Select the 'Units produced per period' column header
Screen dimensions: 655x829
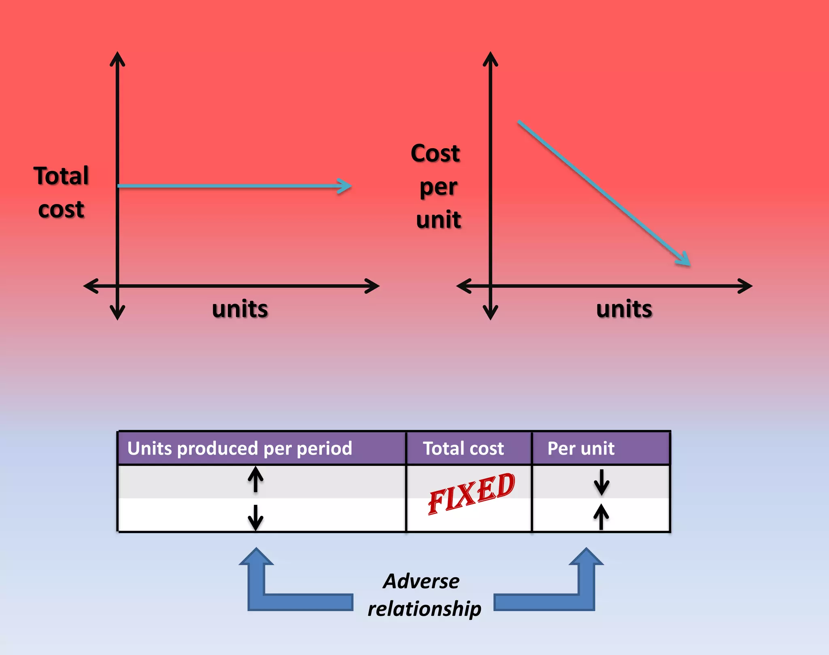pyautogui.click(x=240, y=448)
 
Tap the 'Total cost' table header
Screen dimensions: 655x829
pyautogui.click(x=463, y=448)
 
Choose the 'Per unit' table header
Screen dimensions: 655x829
pyautogui.click(x=581, y=448)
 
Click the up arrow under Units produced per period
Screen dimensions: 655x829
pyautogui.click(x=255, y=479)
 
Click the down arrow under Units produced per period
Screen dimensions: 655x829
pyautogui.click(x=255, y=517)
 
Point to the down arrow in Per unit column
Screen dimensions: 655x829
pyautogui.click(x=602, y=482)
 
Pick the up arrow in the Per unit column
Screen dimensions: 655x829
pyautogui.click(x=601, y=516)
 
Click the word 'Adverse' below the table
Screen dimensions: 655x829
pyautogui.click(x=421, y=581)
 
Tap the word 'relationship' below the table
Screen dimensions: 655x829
pyautogui.click(x=424, y=608)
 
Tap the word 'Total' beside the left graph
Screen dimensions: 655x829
pyautogui.click(x=61, y=176)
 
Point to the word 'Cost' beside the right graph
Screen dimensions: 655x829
pyautogui.click(x=435, y=153)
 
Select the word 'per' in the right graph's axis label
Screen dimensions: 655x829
pyautogui.click(x=438, y=188)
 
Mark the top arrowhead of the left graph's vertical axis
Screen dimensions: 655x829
pyautogui.click(x=117, y=55)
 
